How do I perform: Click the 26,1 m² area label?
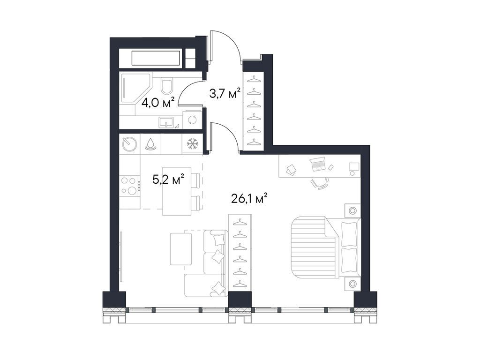point(248,199)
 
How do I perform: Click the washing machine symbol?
point(191,120)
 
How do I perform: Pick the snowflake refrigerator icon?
point(191,144)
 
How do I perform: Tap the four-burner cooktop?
point(129,185)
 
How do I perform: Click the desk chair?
point(320,182)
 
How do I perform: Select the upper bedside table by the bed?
point(352,210)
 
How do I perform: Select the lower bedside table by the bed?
point(352,284)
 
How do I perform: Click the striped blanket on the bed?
point(310,247)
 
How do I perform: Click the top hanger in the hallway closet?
point(254,78)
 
